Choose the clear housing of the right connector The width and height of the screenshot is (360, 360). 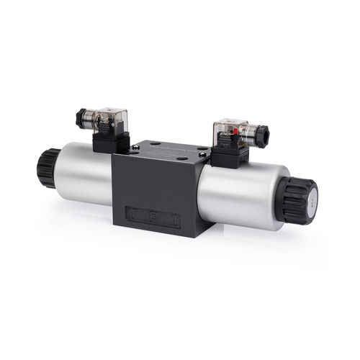coord(229,131)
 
